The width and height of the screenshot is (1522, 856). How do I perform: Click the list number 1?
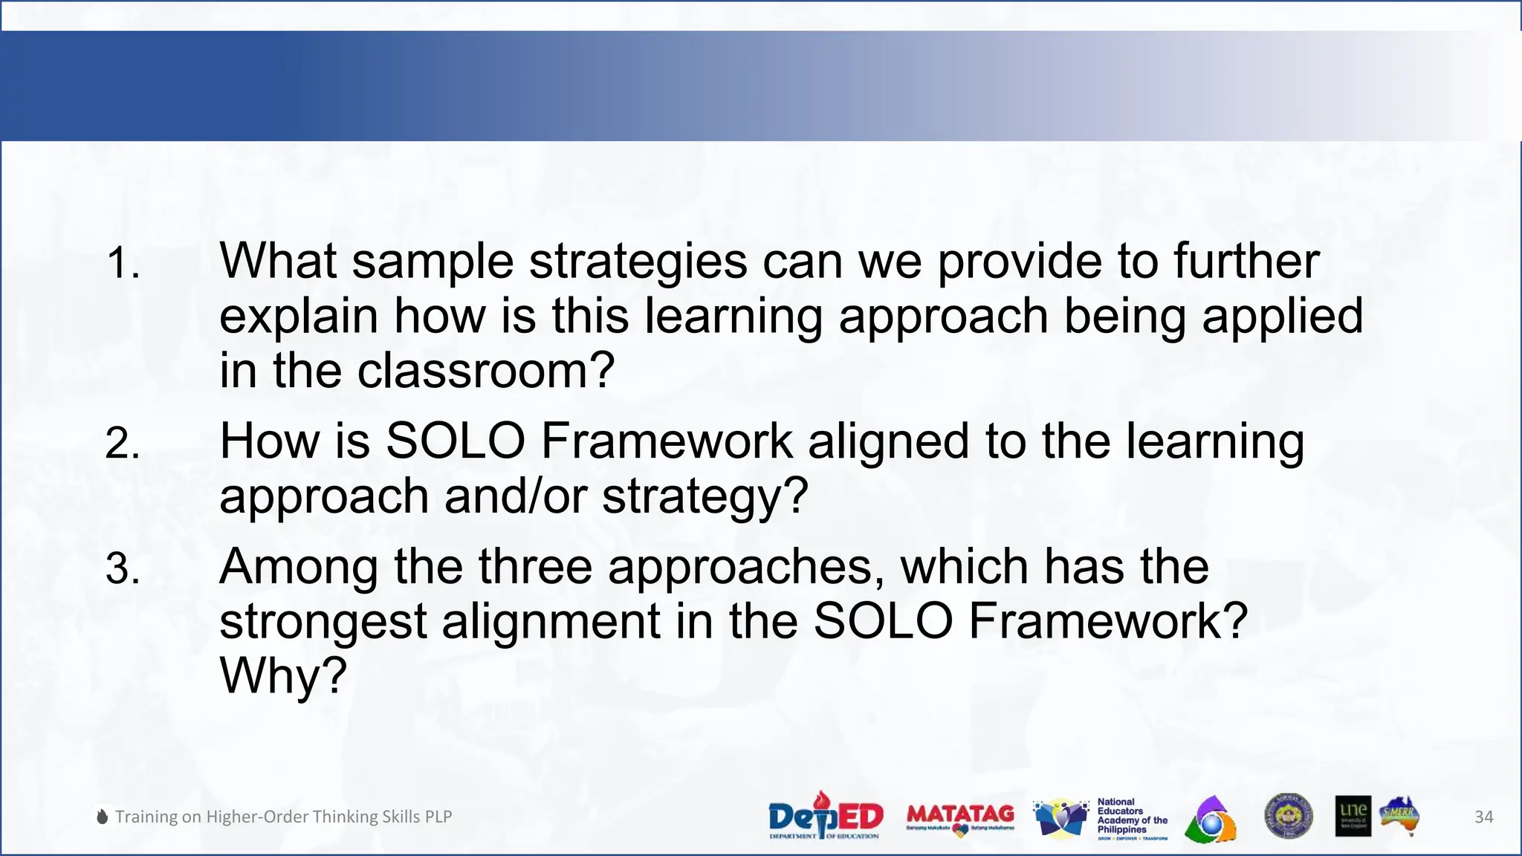pyautogui.click(x=123, y=264)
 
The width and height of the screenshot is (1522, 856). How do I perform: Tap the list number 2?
pyautogui.click(x=123, y=444)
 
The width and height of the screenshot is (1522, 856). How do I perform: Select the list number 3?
pyautogui.click(x=123, y=569)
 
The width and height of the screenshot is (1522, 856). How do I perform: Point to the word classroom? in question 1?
pyautogui.click(x=486, y=371)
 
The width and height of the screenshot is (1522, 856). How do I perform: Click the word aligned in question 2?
pyautogui.click(x=888, y=441)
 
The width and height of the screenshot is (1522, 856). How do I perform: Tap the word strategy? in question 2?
pyautogui.click(x=705, y=496)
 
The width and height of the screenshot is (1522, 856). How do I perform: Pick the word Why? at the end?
pyautogui.click(x=283, y=675)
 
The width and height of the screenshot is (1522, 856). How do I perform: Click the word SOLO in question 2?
pyautogui.click(x=456, y=441)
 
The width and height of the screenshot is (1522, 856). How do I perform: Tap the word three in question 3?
pyautogui.click(x=535, y=568)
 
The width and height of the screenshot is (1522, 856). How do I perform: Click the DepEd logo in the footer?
pyautogui.click(x=826, y=816)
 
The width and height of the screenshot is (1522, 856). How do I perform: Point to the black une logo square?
pyautogui.click(x=1353, y=816)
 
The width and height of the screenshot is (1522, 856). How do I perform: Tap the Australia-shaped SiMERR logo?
pyautogui.click(x=1400, y=816)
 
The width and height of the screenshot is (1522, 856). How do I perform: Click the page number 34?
pyautogui.click(x=1483, y=817)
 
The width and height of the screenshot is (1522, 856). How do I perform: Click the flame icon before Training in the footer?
pyautogui.click(x=103, y=817)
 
